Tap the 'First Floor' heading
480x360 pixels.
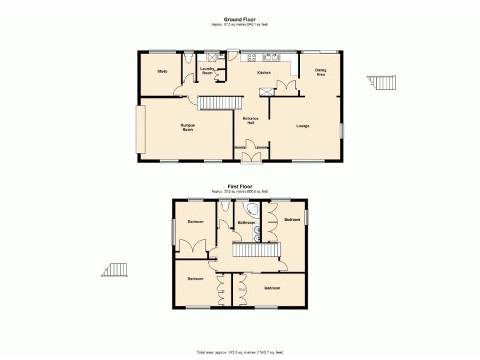pos(239,187)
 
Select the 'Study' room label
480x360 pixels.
pos(162,71)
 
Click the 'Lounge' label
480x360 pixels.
pos(302,126)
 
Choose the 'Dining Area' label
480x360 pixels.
pos(321,73)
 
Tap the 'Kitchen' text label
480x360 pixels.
pos(264,73)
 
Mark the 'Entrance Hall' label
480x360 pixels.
pos(250,121)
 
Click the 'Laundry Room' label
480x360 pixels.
pos(207,71)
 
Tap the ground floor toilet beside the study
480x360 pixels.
pos(188,59)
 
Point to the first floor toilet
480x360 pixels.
pos(226,207)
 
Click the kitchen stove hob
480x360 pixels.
pos(250,58)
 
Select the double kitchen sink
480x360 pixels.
pos(271,58)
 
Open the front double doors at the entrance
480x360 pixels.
pos(251,157)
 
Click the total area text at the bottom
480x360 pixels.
pos(239,352)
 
